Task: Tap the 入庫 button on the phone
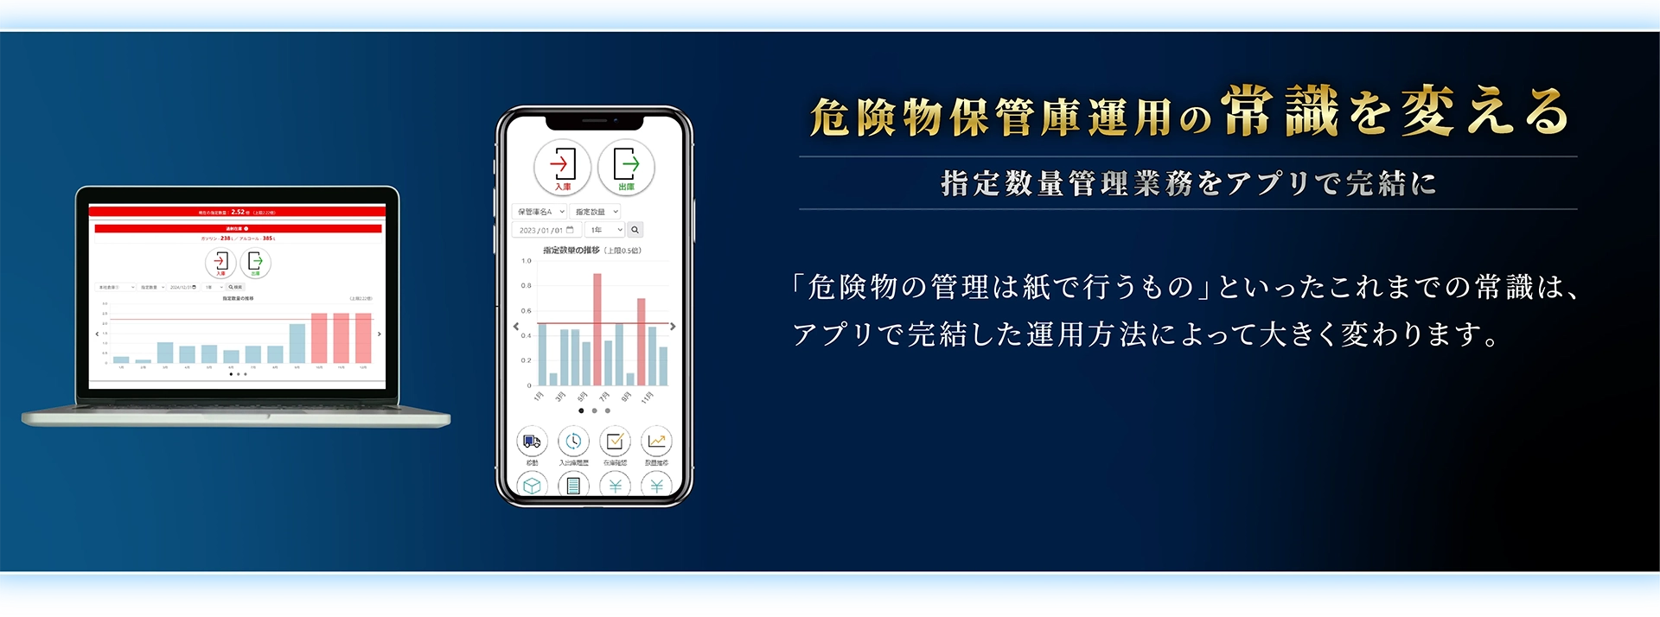(562, 167)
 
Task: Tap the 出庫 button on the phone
(626, 167)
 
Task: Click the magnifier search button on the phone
(635, 230)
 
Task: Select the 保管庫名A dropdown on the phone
(539, 212)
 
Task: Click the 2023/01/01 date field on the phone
(546, 230)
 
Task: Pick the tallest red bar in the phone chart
(597, 328)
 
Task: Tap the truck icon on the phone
(532, 442)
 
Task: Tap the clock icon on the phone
(573, 442)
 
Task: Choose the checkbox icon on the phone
(615, 442)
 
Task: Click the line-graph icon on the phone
(656, 442)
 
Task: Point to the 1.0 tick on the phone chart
(527, 260)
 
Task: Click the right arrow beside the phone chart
(673, 327)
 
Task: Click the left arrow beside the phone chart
(516, 327)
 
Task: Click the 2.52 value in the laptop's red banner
(238, 212)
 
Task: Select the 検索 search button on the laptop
(235, 287)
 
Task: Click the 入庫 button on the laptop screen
(220, 263)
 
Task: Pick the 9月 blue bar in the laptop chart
(297, 343)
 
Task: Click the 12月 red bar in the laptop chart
(363, 338)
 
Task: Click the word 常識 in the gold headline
(1280, 112)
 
